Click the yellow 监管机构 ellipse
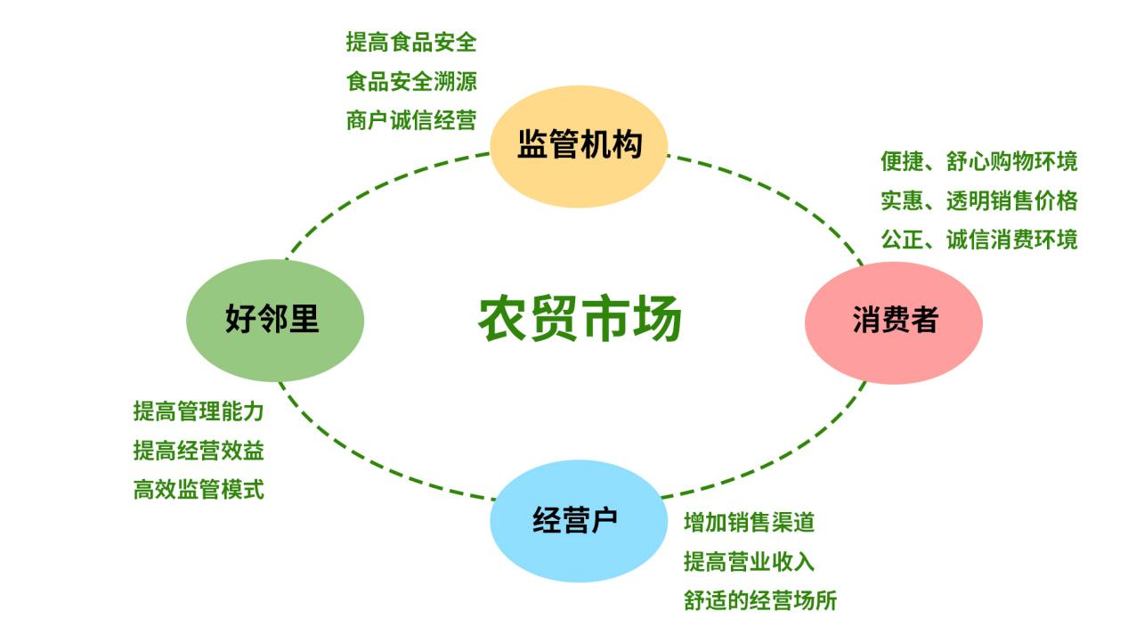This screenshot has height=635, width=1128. coord(579,147)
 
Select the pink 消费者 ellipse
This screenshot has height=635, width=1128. coord(894,322)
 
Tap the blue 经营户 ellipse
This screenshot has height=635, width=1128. coord(579,521)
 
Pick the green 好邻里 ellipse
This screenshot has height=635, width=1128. coord(275,321)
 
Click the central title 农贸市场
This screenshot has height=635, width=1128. coord(580,319)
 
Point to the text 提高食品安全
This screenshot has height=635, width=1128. coord(411,42)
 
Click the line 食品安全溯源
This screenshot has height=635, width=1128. coord(411,81)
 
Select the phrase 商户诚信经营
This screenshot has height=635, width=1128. coord(411,120)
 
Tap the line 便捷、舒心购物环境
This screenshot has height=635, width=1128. coord(979,161)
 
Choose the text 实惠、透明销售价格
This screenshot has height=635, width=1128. coord(979,200)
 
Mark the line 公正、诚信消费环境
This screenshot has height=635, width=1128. coord(979,240)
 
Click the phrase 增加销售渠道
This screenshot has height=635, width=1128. coord(750,522)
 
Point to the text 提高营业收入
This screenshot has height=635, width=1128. coord(750,561)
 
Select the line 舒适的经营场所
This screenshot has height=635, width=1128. coord(760,600)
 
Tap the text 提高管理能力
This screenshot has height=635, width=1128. coord(199,411)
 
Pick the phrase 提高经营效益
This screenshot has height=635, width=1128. coord(199,450)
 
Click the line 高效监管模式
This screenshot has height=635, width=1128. coord(199,489)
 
